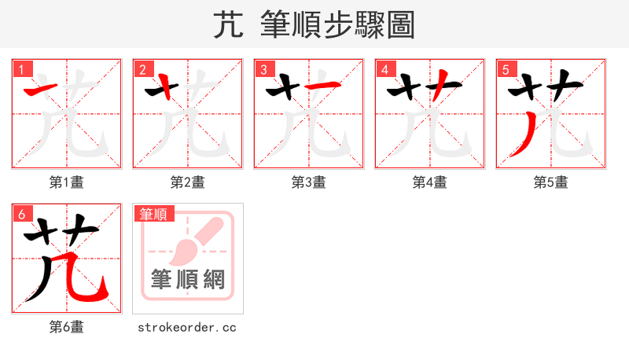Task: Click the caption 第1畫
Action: click(x=67, y=182)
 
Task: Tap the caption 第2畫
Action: click(x=188, y=182)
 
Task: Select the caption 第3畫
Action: click(x=309, y=182)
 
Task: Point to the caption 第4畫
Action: click(x=430, y=182)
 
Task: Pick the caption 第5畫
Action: click(x=551, y=182)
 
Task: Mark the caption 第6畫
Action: click(x=67, y=327)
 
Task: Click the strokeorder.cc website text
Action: click(x=187, y=327)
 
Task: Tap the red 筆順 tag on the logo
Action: click(x=154, y=214)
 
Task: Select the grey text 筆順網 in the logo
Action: click(x=188, y=279)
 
